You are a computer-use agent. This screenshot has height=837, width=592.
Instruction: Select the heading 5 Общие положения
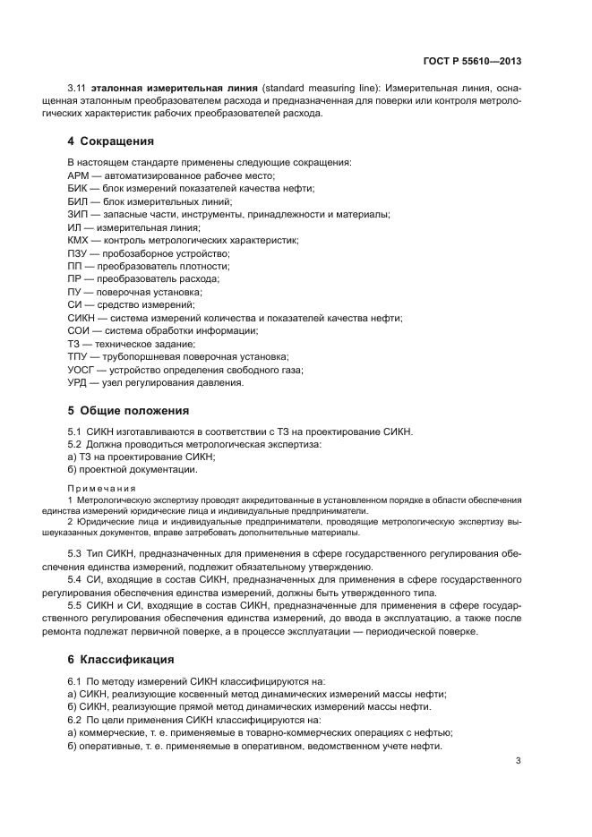[128, 411]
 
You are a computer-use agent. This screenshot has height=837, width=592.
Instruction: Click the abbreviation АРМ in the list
[78, 176]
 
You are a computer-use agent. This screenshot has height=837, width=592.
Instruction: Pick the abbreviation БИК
[78, 190]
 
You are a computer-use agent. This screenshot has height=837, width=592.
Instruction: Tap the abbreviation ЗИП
[78, 215]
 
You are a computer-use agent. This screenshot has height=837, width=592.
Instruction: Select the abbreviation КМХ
[79, 241]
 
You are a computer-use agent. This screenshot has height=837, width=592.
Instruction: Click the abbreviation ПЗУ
[78, 253]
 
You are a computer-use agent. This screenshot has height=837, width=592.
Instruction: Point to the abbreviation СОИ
[79, 331]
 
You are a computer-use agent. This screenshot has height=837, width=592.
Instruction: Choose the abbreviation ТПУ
[78, 356]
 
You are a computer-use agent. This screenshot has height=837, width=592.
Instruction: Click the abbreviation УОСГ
[82, 370]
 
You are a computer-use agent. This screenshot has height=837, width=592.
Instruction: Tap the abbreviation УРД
[79, 383]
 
